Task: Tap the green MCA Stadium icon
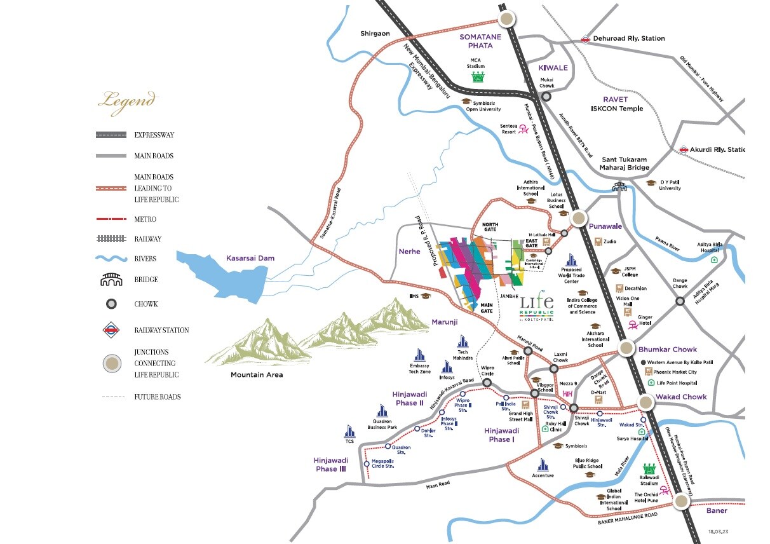point(477,78)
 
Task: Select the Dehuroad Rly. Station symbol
point(585,39)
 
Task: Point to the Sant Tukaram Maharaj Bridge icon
point(619,187)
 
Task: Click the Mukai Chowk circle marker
point(546,97)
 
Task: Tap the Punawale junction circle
point(579,219)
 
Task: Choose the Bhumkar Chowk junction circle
point(626,349)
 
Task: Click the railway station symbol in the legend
point(111,330)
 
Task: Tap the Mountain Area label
point(257,375)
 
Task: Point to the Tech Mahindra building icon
point(463,342)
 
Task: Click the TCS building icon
point(349,431)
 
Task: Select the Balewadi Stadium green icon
point(649,469)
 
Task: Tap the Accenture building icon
point(543,465)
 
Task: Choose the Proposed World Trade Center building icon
point(571,260)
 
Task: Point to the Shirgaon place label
point(375,33)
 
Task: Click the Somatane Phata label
point(480,41)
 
